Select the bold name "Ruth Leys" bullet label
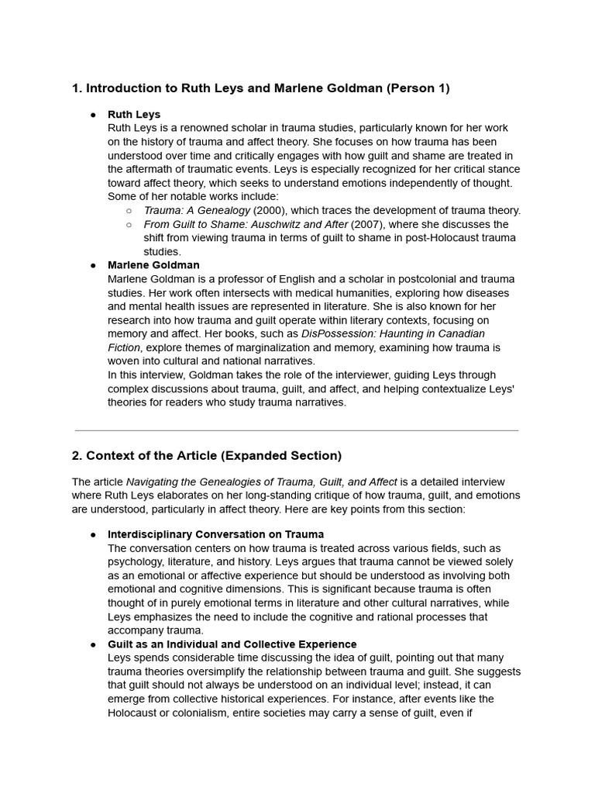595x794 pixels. point(134,114)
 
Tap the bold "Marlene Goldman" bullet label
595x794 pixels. point(153,265)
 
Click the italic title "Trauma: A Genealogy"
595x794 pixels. point(197,210)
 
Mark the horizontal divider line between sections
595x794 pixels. point(297,430)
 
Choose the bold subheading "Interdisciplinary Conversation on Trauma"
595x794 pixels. point(215,534)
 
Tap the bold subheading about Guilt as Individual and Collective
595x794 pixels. point(232,644)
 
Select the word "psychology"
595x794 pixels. point(136,562)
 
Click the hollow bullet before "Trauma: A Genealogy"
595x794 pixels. point(129,211)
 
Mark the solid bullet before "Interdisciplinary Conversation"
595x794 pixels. point(93,535)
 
